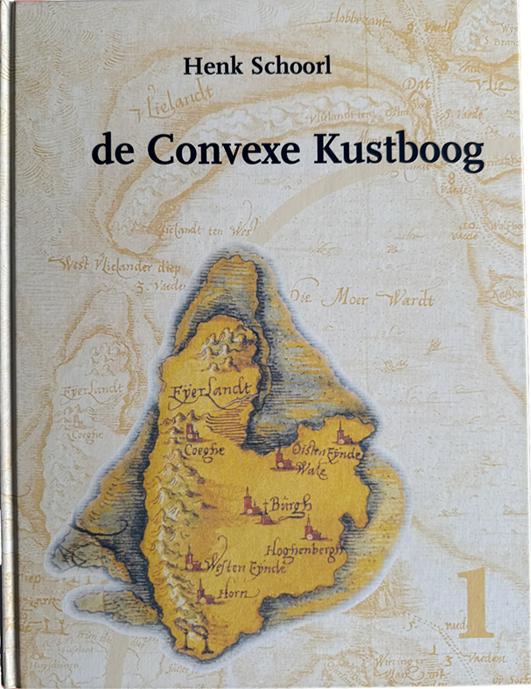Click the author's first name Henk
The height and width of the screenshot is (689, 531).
point(206,64)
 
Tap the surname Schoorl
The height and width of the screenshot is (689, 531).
point(284,64)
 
